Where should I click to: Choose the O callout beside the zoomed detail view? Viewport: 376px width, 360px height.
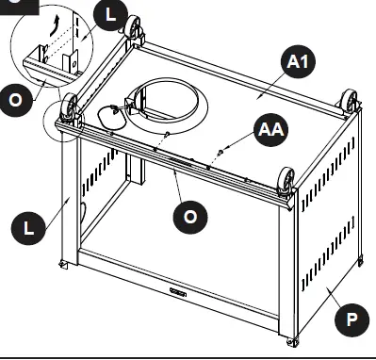(x=16, y=104)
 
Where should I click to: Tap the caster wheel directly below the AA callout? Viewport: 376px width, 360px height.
(x=285, y=178)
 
